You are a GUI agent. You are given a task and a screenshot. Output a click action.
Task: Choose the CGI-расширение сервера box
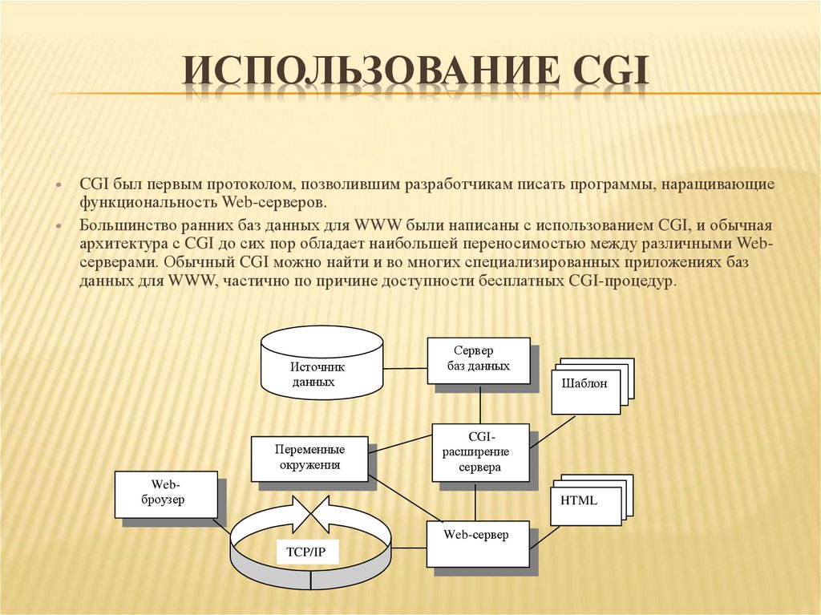click(x=479, y=452)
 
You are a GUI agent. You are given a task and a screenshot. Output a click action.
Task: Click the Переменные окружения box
click(x=309, y=458)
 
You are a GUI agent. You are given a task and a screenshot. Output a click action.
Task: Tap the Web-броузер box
click(x=166, y=494)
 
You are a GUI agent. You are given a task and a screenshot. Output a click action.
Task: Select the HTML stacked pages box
click(x=584, y=504)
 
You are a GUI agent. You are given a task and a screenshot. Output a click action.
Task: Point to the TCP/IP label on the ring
click(x=306, y=552)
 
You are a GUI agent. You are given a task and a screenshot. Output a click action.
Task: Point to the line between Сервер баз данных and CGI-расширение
click(x=479, y=404)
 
